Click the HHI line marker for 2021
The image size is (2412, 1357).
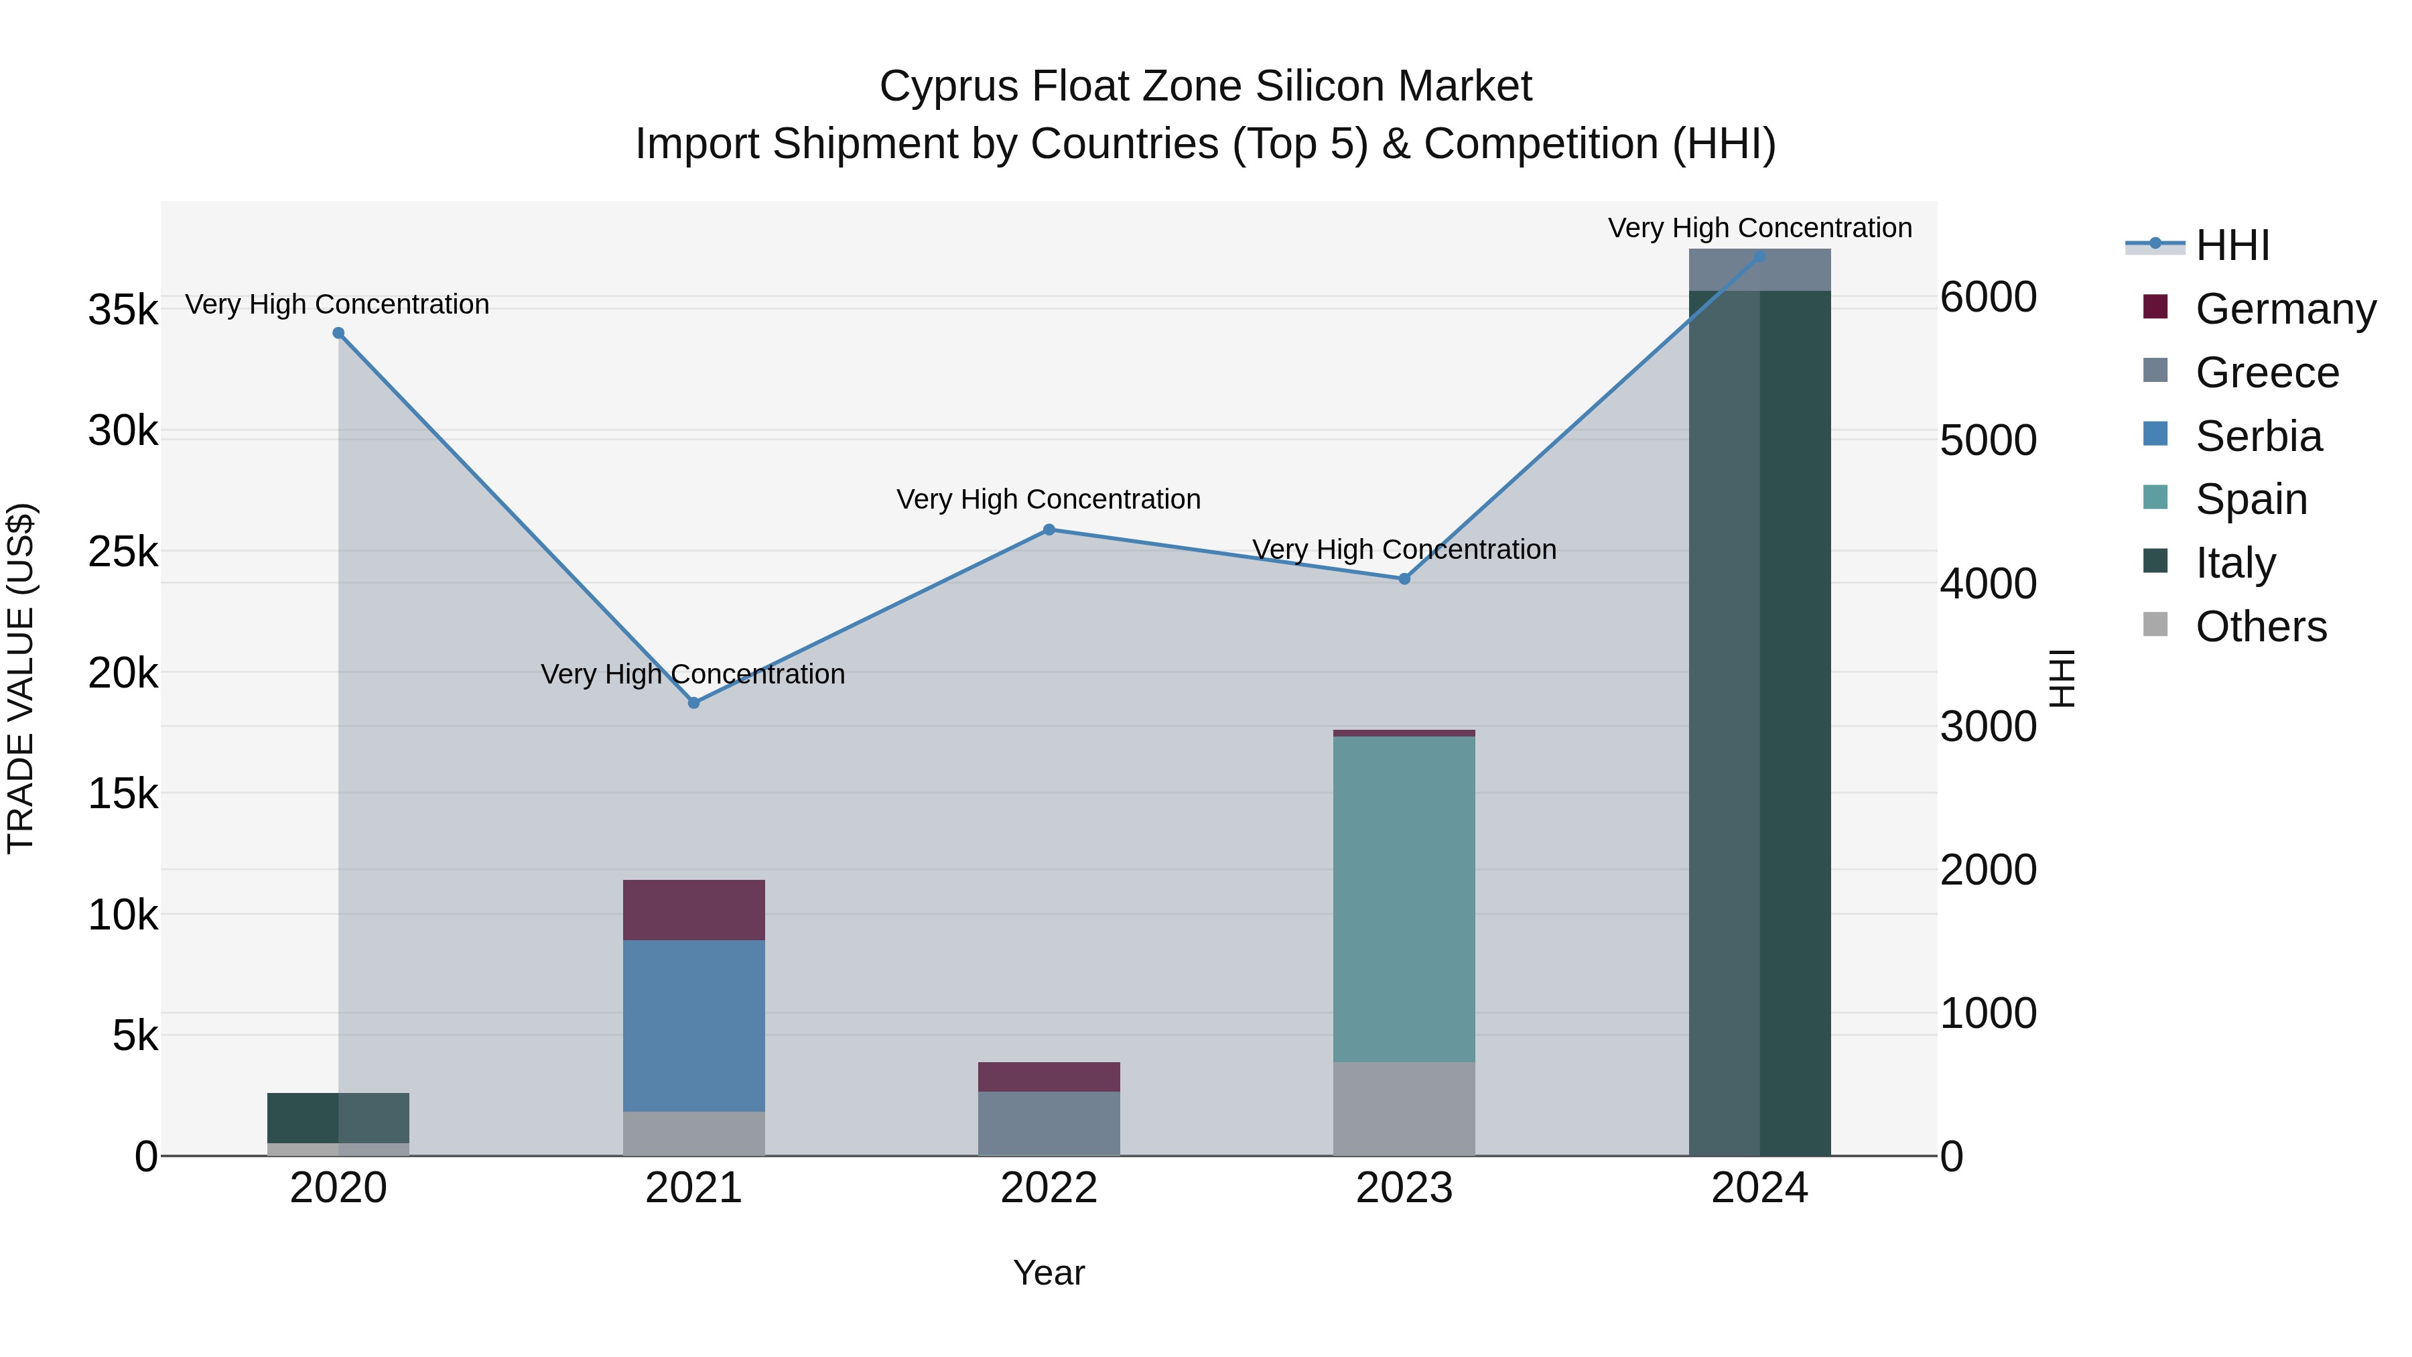[694, 702]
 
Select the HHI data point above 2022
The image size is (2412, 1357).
[1049, 530]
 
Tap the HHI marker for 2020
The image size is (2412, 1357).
[339, 334]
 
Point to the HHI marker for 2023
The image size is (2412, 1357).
[1404, 579]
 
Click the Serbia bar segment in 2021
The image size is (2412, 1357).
[694, 1025]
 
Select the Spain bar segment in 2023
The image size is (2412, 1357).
[1404, 899]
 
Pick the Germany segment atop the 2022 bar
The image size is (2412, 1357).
[1049, 1077]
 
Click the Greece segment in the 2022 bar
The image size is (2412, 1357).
[1049, 1123]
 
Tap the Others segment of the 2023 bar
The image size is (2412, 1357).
[1404, 1109]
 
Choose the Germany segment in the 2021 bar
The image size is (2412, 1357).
[694, 909]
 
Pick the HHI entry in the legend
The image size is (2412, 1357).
[2231, 245]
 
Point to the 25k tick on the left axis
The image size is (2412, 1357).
[123, 552]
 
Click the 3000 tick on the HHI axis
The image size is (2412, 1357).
[1988, 726]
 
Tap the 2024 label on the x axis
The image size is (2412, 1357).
[1759, 1188]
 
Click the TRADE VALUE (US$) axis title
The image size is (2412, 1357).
[21, 678]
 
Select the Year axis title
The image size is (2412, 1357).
[1049, 1273]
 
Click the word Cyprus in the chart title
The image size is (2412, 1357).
[949, 86]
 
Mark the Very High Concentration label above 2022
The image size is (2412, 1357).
[1049, 499]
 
